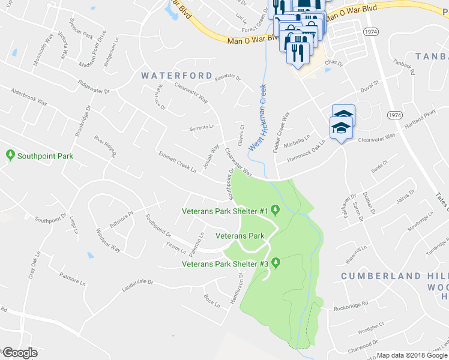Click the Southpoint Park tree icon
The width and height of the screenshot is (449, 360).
click(10, 155)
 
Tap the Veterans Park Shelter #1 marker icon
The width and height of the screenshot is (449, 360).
click(276, 210)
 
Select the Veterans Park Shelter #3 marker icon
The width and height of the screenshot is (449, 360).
click(276, 263)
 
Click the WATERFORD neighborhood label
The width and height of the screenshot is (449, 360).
click(177, 76)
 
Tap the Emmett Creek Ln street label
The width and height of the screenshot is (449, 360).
click(176, 161)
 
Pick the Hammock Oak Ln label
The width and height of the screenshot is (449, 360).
click(309, 149)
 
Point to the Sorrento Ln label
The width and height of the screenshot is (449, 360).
click(202, 127)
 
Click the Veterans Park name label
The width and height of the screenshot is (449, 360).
click(240, 236)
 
